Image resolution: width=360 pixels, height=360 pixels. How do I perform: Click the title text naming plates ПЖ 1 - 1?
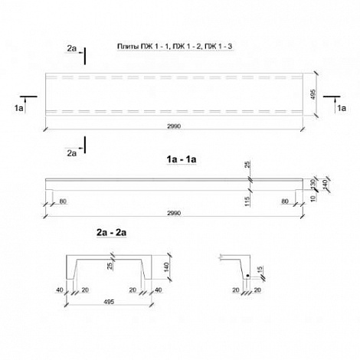point(175,47)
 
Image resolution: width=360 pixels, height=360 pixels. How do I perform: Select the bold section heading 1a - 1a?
point(182,159)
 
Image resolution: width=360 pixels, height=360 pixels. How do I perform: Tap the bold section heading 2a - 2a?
point(111,233)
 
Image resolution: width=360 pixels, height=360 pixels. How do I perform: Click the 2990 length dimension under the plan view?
point(174,126)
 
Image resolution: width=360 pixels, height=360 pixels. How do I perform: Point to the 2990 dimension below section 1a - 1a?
point(174,213)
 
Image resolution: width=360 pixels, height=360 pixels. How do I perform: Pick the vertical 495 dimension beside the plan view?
point(314,94)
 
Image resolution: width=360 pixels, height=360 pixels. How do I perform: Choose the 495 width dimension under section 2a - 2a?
point(109,302)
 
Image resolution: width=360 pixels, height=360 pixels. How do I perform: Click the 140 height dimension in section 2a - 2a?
point(167,267)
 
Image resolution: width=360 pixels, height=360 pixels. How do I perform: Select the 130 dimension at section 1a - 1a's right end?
point(313,184)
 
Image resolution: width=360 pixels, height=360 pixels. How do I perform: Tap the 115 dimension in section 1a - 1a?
point(247,201)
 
